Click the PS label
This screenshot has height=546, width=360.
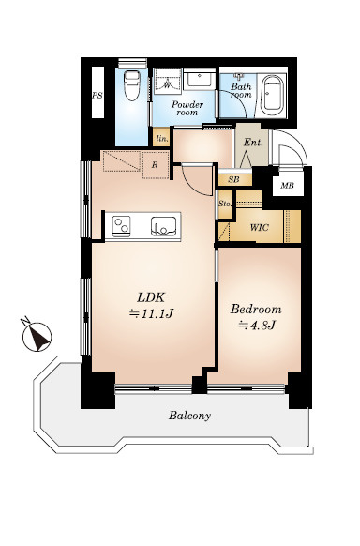click(97, 95)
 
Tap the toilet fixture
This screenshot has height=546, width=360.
click(132, 85)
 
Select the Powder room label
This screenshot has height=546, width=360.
click(187, 108)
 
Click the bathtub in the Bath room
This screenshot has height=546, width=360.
click(273, 95)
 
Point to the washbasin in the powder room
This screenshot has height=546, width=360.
click(198, 80)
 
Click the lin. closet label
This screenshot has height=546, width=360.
click(162, 139)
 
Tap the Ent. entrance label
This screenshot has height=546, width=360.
click(253, 143)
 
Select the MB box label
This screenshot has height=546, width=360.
click(287, 186)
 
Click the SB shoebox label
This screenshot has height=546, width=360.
click(233, 180)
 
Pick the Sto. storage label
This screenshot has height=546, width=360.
click(225, 204)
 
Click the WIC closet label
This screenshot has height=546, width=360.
click(260, 227)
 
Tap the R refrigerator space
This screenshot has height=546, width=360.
click(156, 165)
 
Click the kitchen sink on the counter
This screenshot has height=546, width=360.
click(163, 226)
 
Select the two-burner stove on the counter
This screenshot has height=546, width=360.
click(121, 226)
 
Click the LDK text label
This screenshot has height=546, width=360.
click(151, 297)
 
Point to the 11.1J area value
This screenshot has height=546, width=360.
click(151, 314)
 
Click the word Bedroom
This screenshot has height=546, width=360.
click(256, 310)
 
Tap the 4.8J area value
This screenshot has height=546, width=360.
click(257, 326)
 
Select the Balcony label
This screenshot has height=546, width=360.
click(190, 416)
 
